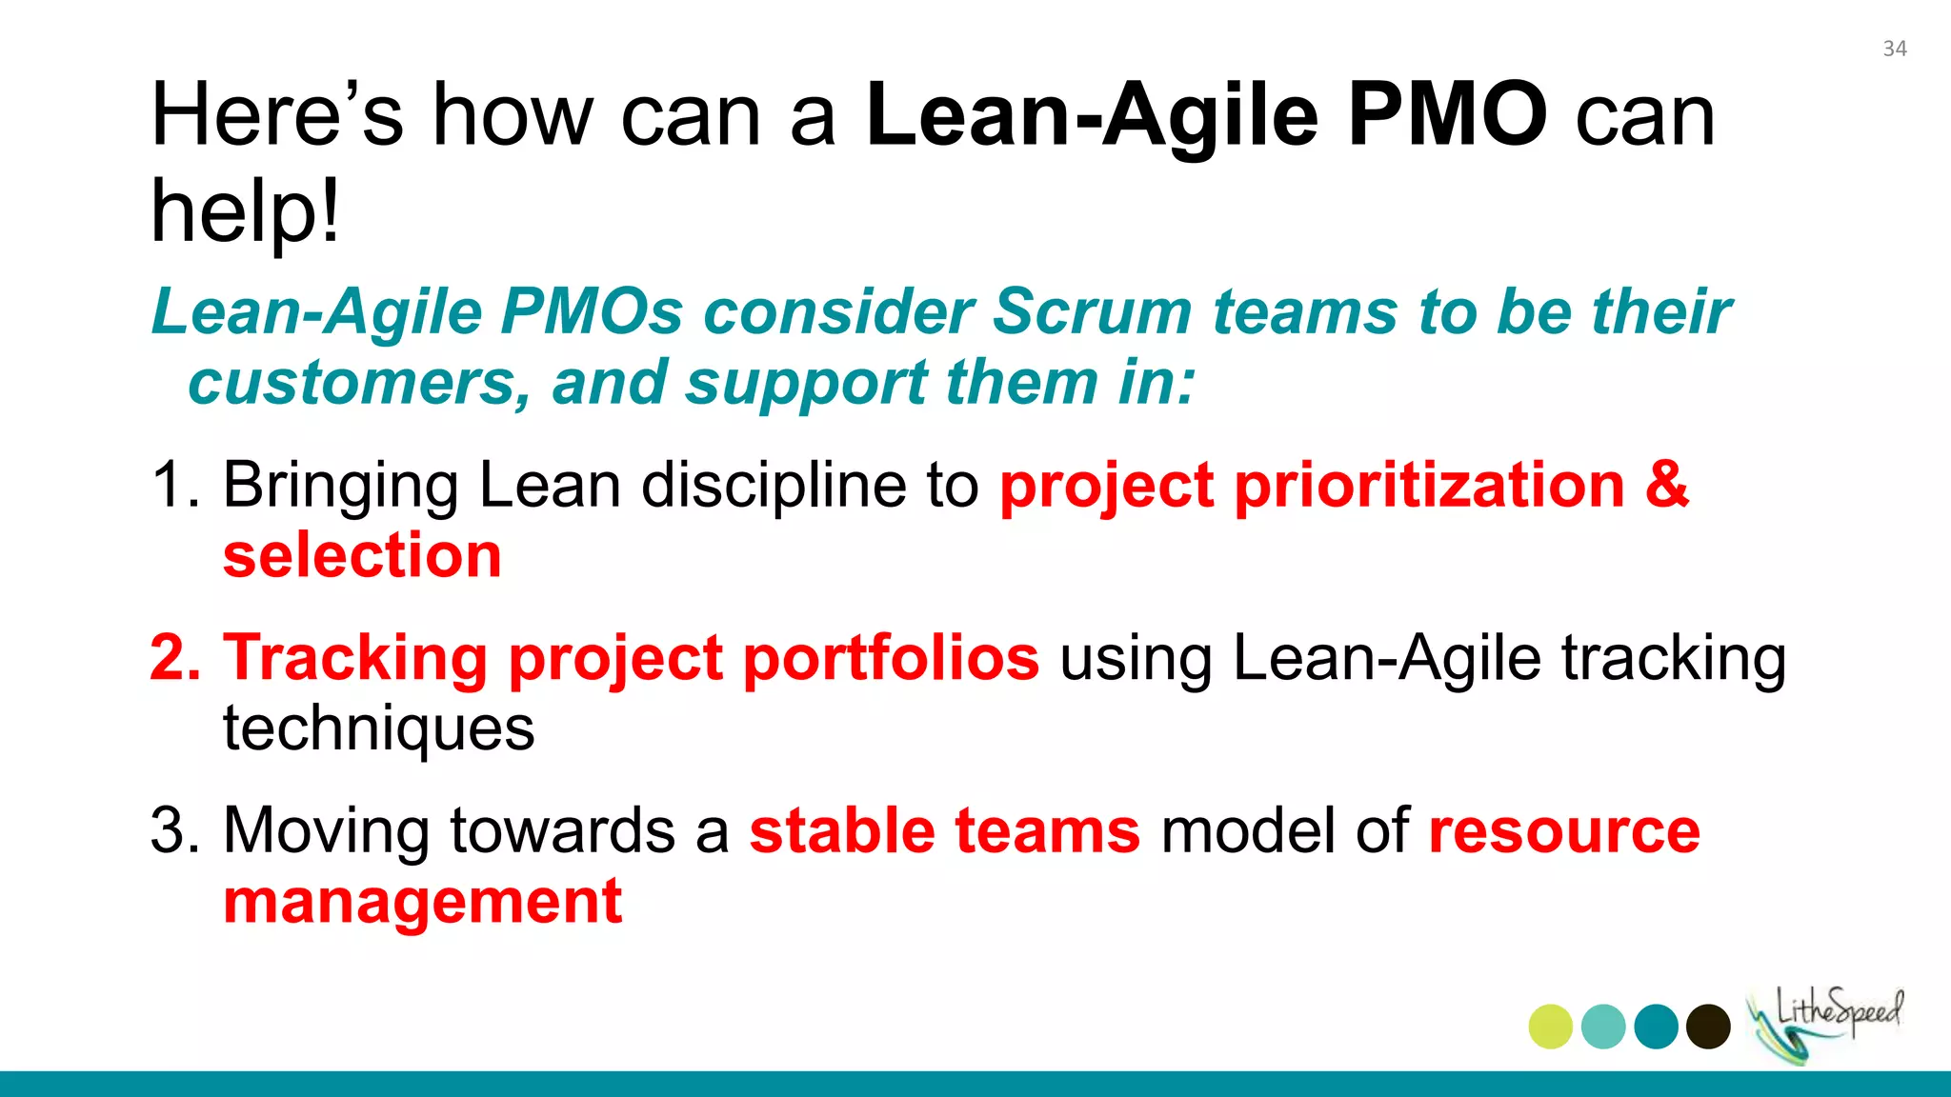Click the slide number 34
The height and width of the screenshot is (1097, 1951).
1894,50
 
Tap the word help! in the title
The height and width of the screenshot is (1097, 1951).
245,211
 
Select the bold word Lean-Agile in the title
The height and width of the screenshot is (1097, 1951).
1092,115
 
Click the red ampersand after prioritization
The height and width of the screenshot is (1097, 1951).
1666,485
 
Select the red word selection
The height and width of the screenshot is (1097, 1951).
362,556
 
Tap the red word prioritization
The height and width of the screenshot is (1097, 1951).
1429,485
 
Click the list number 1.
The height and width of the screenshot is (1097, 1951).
172,486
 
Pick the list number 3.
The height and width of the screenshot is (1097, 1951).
174,830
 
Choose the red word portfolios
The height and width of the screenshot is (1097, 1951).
891,658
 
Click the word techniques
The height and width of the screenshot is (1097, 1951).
378,729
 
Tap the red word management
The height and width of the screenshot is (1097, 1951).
422,902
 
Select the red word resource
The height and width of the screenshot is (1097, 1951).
1563,830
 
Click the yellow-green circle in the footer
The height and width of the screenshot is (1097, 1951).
1550,1027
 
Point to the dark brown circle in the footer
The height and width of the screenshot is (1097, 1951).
1707,1027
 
